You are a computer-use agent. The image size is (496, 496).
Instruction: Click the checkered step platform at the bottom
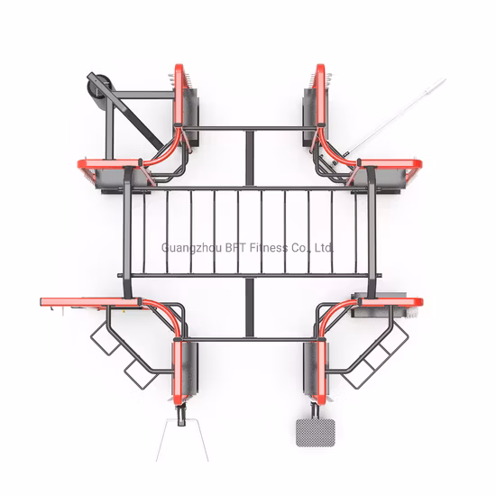[x=315, y=432]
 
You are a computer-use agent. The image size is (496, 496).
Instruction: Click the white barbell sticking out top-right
[x=396, y=116]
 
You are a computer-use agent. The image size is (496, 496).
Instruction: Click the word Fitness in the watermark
[x=269, y=247]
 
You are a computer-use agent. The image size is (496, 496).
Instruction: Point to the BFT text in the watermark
[x=235, y=247]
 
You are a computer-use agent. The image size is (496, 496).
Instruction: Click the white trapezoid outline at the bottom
[x=182, y=440]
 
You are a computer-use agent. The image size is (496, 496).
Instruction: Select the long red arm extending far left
[x=91, y=302]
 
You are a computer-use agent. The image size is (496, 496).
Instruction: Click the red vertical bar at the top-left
[x=179, y=94]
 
